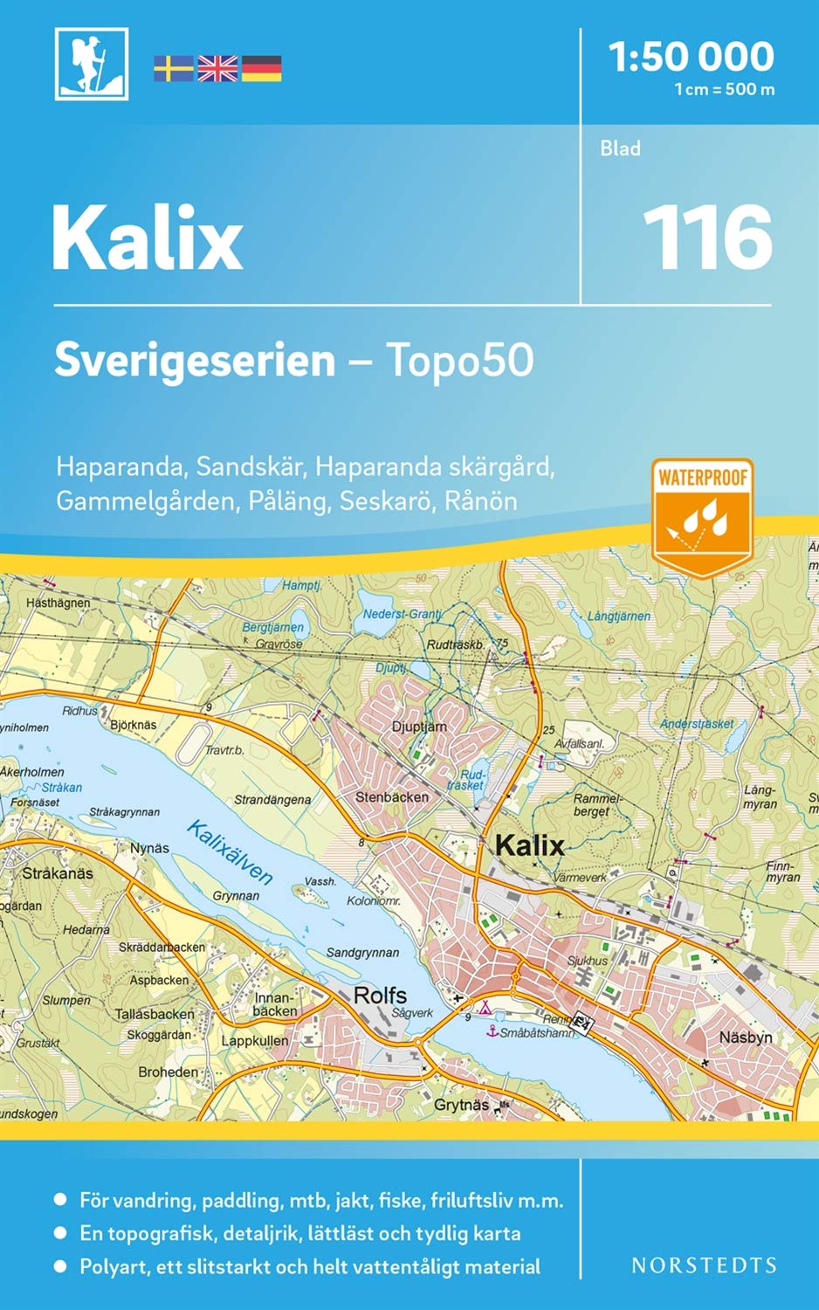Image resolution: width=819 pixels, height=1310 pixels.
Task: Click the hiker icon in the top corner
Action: click(92, 64)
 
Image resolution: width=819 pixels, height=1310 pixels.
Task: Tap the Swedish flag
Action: click(173, 68)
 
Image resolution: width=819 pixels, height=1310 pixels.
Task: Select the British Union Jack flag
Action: click(217, 68)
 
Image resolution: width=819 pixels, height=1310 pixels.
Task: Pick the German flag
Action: click(261, 68)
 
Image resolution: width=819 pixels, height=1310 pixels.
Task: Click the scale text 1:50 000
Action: click(691, 57)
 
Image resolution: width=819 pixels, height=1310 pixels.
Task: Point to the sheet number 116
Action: click(707, 238)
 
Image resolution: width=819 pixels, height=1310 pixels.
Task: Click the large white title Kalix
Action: click(147, 238)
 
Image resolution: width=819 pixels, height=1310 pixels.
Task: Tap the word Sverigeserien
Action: click(195, 360)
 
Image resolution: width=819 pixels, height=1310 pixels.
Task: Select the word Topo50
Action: click(459, 360)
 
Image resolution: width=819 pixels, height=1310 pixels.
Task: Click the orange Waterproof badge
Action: click(702, 516)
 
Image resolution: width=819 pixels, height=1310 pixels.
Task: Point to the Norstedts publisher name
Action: click(704, 1265)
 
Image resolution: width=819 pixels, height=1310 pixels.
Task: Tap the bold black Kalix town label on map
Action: click(529, 845)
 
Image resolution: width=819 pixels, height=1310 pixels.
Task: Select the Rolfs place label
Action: click(380, 995)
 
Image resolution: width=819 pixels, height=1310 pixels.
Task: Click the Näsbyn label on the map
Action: click(746, 1038)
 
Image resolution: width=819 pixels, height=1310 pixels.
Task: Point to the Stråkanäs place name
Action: click(58, 872)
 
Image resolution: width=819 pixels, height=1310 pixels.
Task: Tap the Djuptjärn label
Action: click(419, 726)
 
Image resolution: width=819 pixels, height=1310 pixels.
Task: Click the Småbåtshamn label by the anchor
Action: click(537, 1033)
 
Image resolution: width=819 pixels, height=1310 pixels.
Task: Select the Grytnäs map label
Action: click(461, 1105)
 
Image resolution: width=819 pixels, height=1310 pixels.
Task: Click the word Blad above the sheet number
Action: click(620, 148)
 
